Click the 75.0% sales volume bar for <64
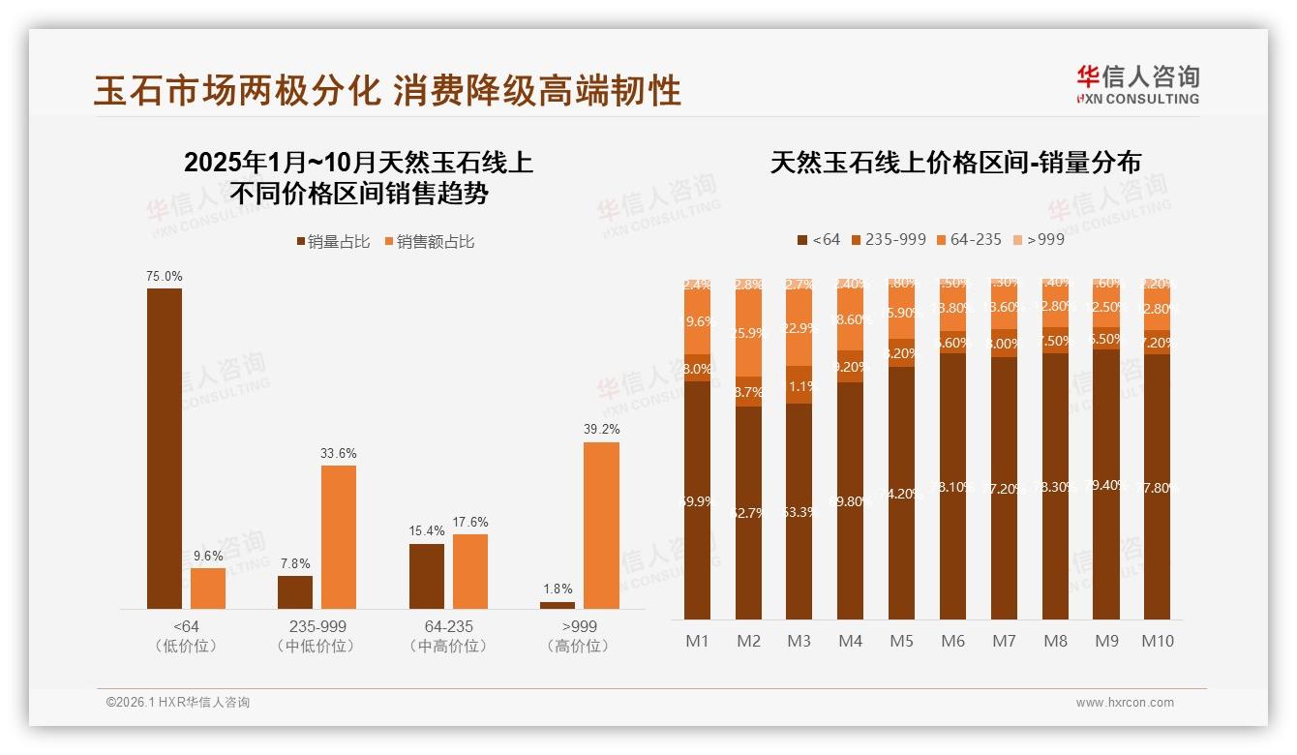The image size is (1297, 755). coord(165,448)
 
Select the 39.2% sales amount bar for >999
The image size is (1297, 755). coord(601,526)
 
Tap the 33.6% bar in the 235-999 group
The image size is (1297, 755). coord(339,537)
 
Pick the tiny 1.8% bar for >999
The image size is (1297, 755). coord(558,605)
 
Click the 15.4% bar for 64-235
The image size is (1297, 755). coord(427,576)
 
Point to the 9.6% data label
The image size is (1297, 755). coord(208,556)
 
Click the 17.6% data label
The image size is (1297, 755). coord(470,522)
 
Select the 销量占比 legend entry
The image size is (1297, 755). coord(333,242)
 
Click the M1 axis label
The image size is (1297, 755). coord(697,641)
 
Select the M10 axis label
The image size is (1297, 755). coord(1157,641)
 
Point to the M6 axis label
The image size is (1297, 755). coord(952,641)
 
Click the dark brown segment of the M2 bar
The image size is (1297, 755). coord(748,513)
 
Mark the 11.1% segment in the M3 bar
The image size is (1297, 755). coord(799,385)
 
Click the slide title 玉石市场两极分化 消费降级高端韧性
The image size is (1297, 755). coord(388,90)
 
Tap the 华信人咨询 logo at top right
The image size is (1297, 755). coord(1137,83)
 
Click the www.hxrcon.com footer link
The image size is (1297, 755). coord(1124,703)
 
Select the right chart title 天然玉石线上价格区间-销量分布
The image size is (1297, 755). coord(955,163)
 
